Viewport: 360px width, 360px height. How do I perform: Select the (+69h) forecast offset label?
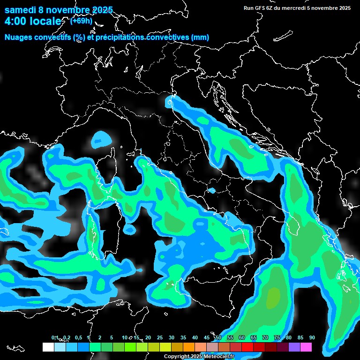(x=81, y=21)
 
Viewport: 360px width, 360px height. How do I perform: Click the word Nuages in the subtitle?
(x=18, y=37)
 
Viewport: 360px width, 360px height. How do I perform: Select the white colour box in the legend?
(x=48, y=347)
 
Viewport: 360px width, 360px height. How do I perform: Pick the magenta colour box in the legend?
(x=306, y=347)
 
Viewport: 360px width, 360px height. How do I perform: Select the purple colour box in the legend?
(x=294, y=347)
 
